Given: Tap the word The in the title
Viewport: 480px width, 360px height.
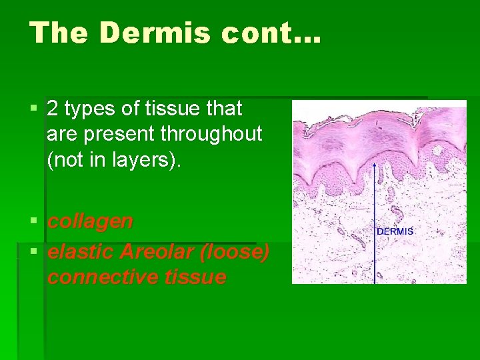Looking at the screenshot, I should [x=59, y=32].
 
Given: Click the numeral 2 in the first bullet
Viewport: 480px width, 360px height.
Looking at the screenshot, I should [x=53, y=109].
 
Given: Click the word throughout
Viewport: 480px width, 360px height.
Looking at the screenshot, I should [x=211, y=134].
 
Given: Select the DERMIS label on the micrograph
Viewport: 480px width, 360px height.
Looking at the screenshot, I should [x=395, y=231].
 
